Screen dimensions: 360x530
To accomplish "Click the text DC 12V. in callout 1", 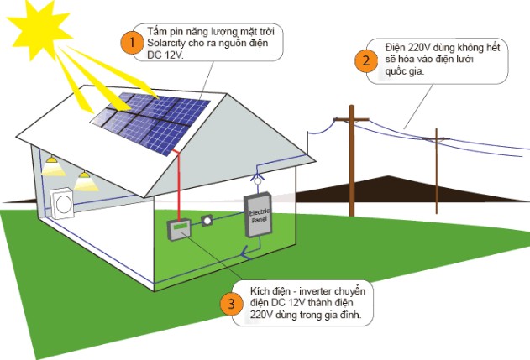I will click(x=167, y=55).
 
